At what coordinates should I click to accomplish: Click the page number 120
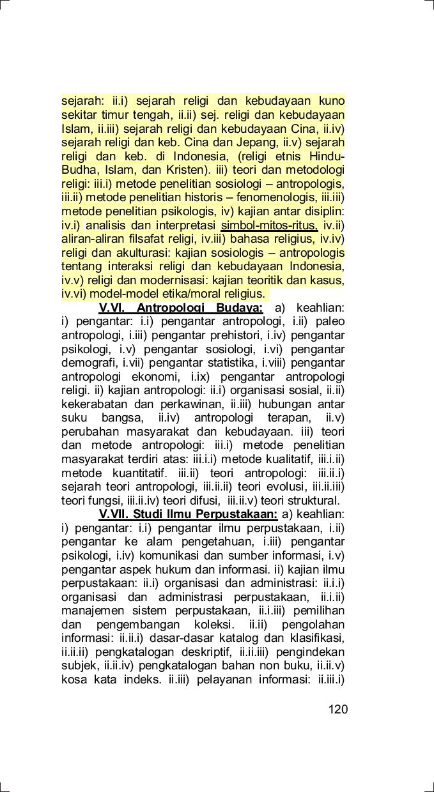coord(337,710)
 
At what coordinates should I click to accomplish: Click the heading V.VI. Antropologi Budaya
coord(181,308)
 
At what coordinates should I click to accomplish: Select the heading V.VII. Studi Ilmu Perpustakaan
coord(188,515)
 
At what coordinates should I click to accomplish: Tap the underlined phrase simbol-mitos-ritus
coord(268,225)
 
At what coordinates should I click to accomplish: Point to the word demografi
coord(88,363)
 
